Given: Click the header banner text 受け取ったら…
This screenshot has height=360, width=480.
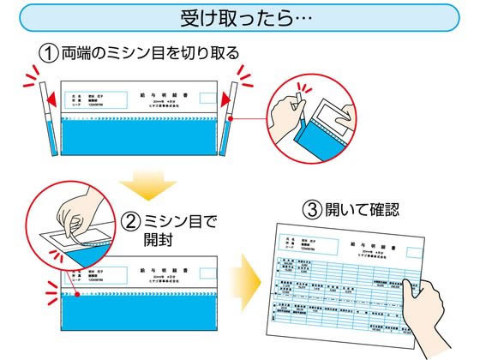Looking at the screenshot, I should tap(239, 17).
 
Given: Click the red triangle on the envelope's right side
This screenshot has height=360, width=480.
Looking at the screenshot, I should tap(222, 99).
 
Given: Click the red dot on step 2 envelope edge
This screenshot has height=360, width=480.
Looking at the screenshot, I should tap(77, 293).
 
